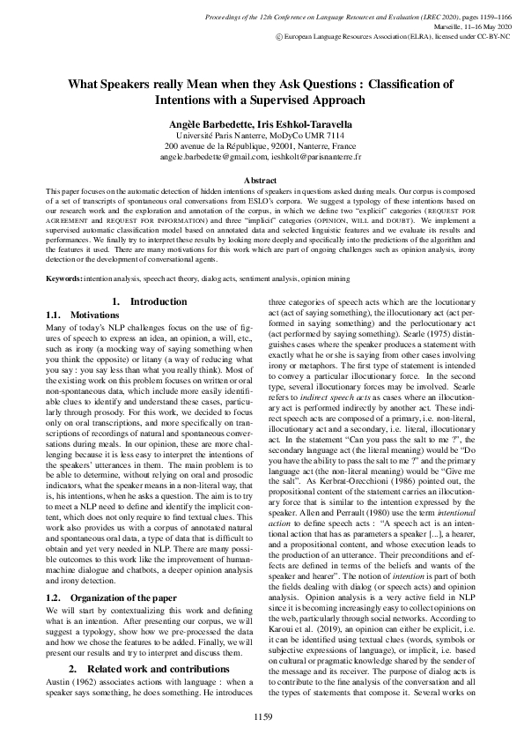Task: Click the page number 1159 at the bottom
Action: point(262,716)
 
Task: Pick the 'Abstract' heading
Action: point(262,179)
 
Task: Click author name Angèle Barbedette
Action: point(209,124)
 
